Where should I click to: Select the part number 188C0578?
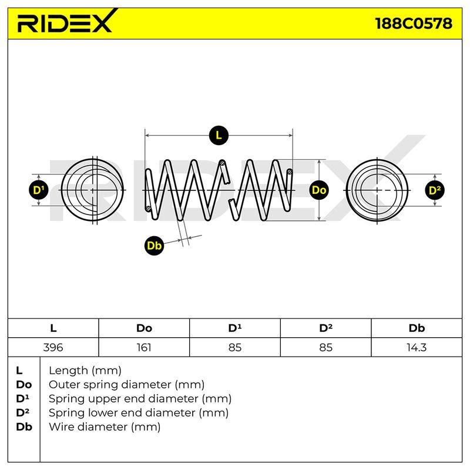(414, 23)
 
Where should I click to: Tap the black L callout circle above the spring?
(219, 136)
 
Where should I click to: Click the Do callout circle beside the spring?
(318, 190)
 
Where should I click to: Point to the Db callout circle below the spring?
(154, 246)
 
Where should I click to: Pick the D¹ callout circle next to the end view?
(39, 190)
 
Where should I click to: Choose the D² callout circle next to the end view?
(435, 190)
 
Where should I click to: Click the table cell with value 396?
(53, 347)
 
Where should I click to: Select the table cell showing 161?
(144, 347)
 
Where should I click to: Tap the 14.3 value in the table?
(417, 347)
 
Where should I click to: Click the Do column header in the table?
(144, 328)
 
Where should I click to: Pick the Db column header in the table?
(417, 328)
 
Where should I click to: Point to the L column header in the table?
(53, 328)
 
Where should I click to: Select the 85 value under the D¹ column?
(234, 347)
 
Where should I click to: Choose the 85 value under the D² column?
(325, 347)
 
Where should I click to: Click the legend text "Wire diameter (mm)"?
(105, 427)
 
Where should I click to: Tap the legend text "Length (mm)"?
(85, 371)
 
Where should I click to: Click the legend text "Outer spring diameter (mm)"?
(126, 385)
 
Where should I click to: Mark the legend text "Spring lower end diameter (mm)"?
(139, 413)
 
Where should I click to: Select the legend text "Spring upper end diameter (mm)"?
(140, 399)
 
